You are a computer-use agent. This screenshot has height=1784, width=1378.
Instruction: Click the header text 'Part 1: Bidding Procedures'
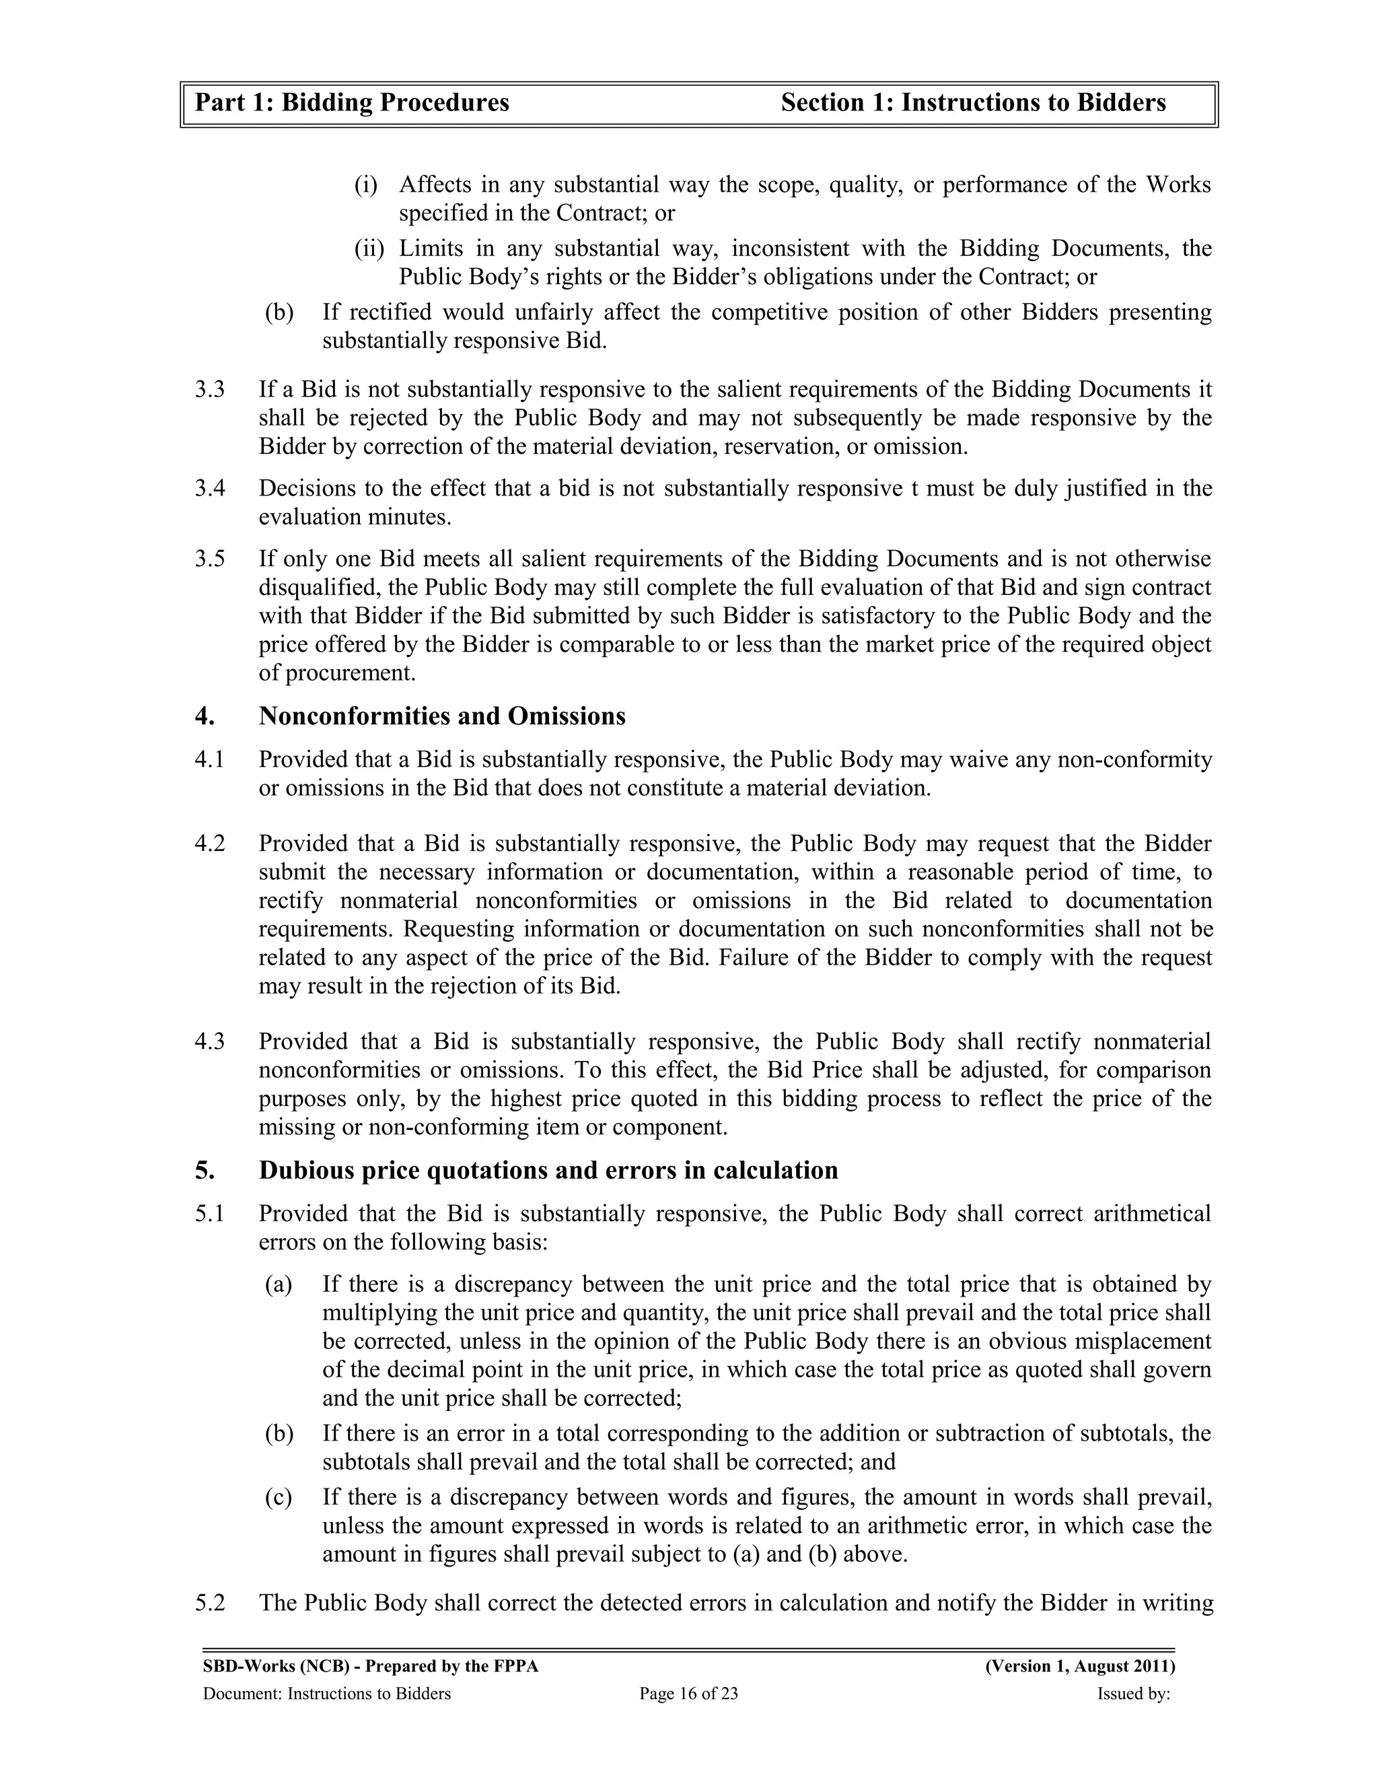click(x=352, y=103)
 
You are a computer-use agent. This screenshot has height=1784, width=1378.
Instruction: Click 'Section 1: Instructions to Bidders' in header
click(x=973, y=103)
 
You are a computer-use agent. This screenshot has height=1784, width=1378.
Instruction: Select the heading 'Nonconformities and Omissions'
click(x=441, y=716)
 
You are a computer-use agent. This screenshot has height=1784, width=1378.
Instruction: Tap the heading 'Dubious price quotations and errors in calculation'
click(x=548, y=1171)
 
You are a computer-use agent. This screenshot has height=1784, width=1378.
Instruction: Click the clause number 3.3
click(x=209, y=390)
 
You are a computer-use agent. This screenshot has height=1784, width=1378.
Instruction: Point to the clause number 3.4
click(x=209, y=489)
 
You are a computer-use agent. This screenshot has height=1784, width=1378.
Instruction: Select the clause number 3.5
click(x=209, y=559)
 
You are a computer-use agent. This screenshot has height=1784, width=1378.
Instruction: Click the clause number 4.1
click(x=209, y=759)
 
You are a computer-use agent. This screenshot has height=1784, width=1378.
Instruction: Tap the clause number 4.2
click(x=209, y=843)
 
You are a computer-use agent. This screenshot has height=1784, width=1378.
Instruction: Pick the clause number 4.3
click(x=209, y=1041)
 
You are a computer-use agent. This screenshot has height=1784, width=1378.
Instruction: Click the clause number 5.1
click(x=209, y=1214)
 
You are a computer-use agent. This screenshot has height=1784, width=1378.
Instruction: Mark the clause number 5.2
click(x=209, y=1604)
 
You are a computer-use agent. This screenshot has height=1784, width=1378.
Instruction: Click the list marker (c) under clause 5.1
click(x=279, y=1497)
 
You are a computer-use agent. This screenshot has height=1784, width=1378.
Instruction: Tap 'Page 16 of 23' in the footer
click(x=688, y=1693)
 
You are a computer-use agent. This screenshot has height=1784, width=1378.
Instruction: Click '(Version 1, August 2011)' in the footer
click(x=1080, y=1666)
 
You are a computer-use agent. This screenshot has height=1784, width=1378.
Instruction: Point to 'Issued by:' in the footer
click(x=1133, y=1693)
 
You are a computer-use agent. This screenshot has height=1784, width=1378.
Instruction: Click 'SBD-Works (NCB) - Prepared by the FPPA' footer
click(x=370, y=1666)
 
